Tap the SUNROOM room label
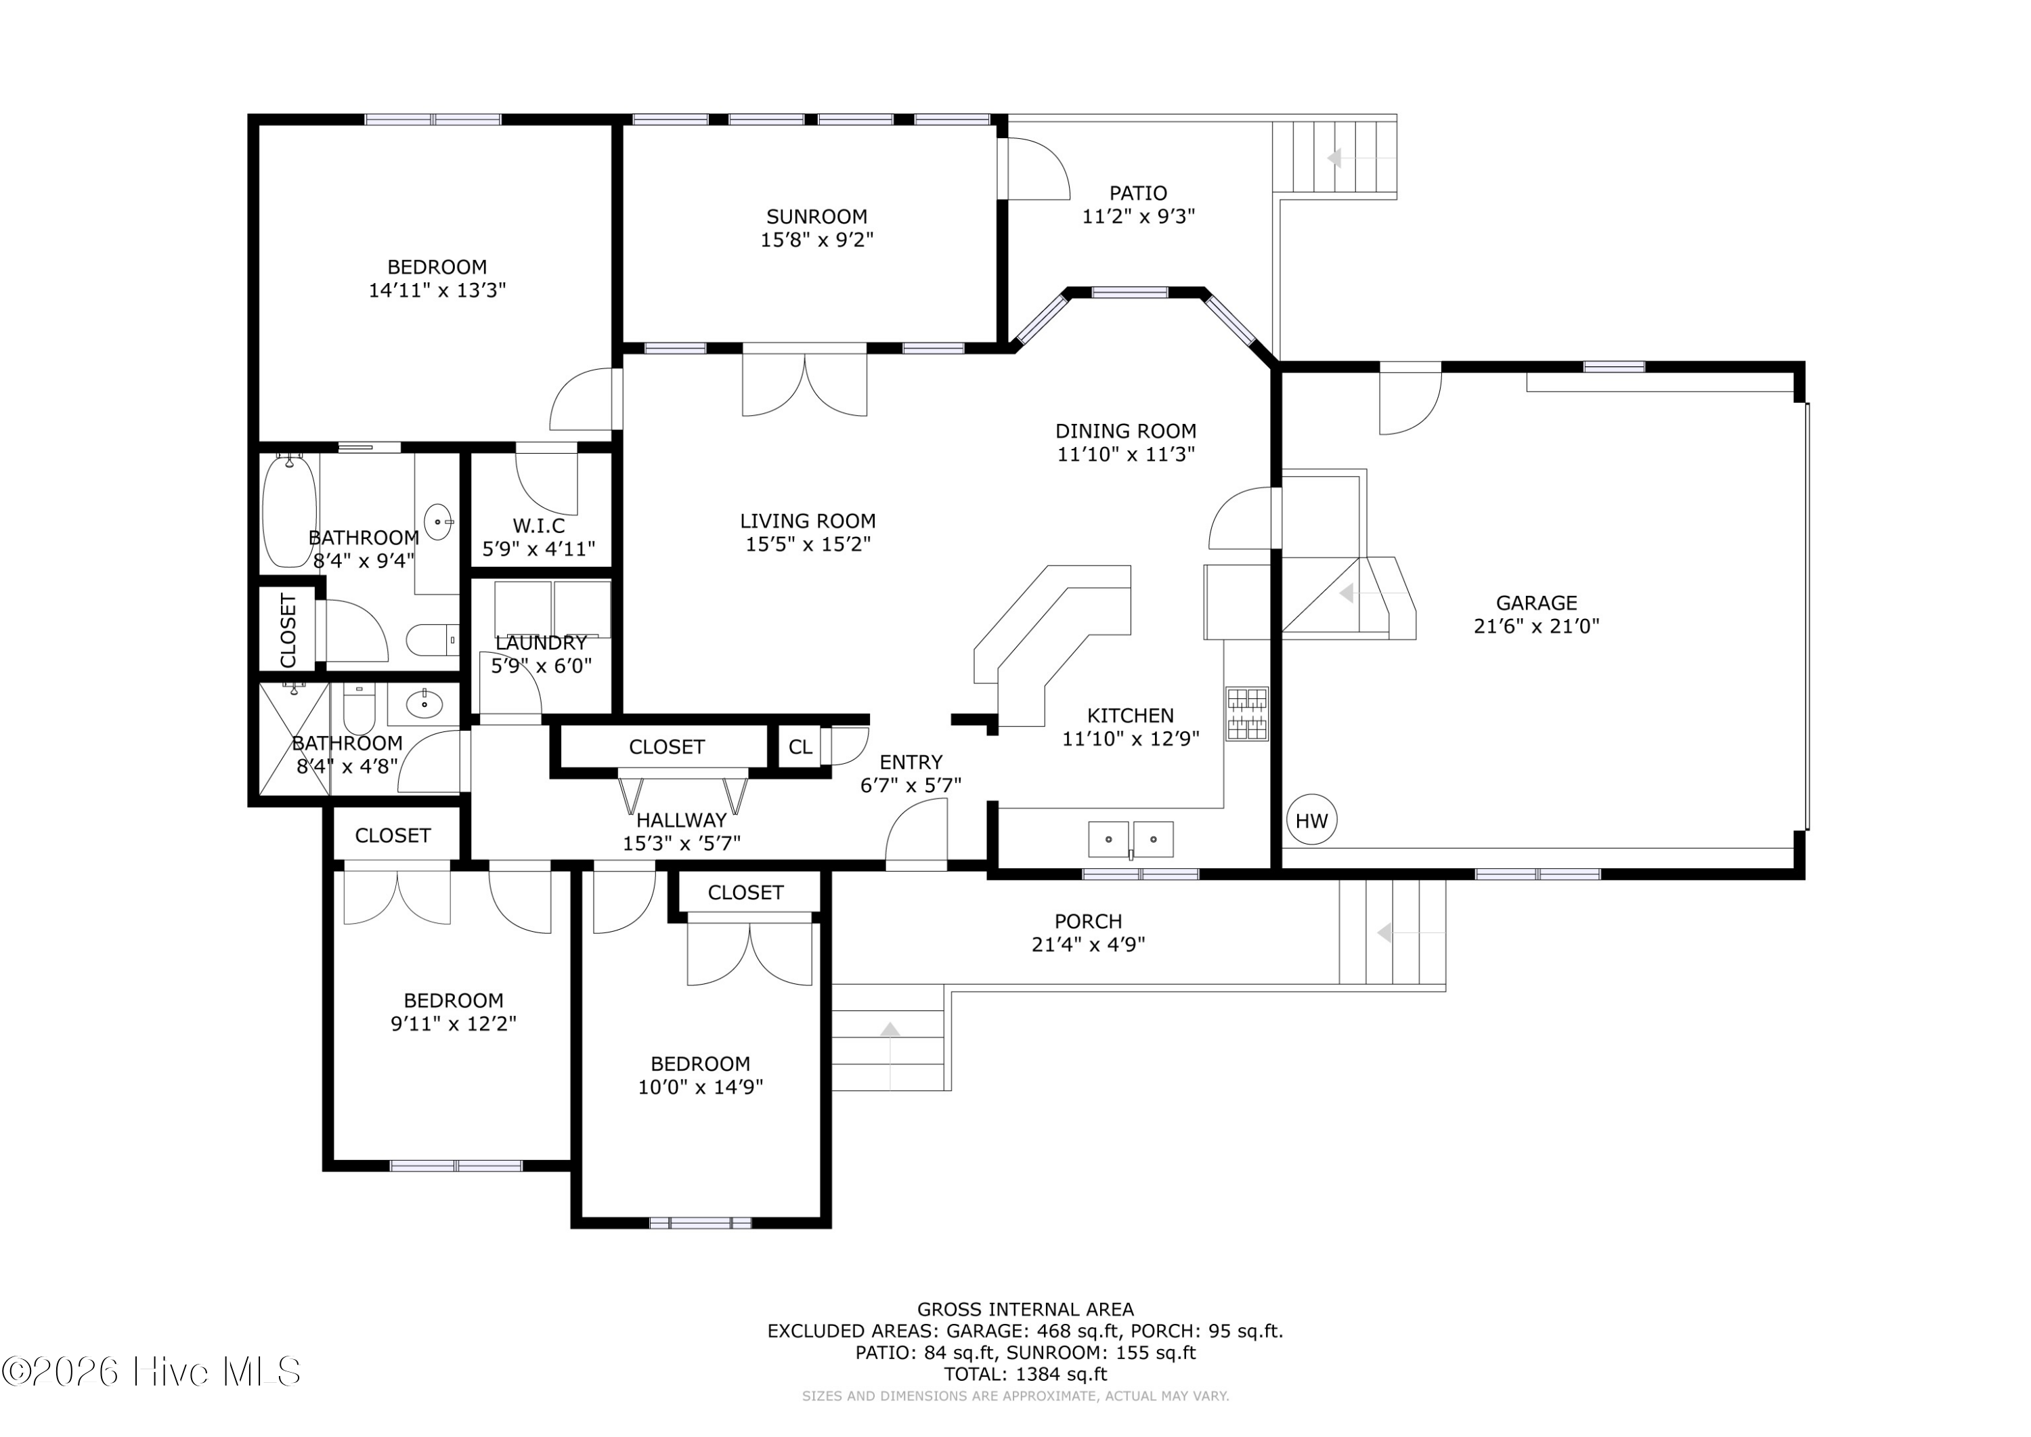click(816, 217)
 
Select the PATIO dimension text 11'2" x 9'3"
click(1139, 216)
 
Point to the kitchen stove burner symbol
click(1246, 713)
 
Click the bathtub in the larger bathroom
click(289, 511)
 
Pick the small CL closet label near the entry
click(800, 747)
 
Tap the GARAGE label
click(1537, 603)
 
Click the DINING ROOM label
click(1125, 431)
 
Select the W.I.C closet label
click(539, 526)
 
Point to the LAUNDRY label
click(540, 643)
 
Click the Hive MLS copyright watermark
click(151, 1371)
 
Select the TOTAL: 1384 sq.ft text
click(1025, 1374)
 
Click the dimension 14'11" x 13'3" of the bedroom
click(437, 291)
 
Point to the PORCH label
click(1088, 921)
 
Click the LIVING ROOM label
click(808, 521)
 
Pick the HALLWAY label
click(681, 820)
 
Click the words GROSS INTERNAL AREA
click(1025, 1310)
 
